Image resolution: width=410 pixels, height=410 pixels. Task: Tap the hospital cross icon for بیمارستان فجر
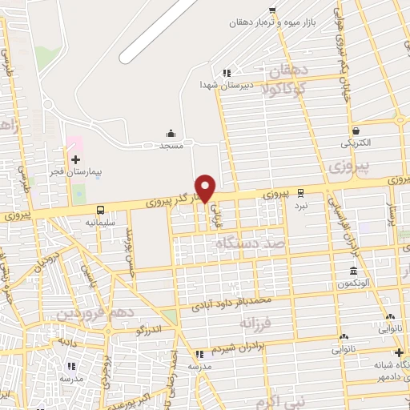tap(75, 159)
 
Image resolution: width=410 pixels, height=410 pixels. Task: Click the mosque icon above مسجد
tap(171, 133)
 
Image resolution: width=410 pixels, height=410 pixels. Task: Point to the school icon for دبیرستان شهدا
tap(227, 71)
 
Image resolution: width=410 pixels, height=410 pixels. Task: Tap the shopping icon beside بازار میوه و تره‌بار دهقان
tap(272, 10)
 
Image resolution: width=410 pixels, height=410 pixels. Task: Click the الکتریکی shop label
tap(356, 143)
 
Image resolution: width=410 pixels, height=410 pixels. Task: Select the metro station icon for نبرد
tap(300, 192)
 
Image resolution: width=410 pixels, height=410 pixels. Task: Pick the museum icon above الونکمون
tap(352, 271)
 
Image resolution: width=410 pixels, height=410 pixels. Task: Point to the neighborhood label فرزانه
tap(255, 322)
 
